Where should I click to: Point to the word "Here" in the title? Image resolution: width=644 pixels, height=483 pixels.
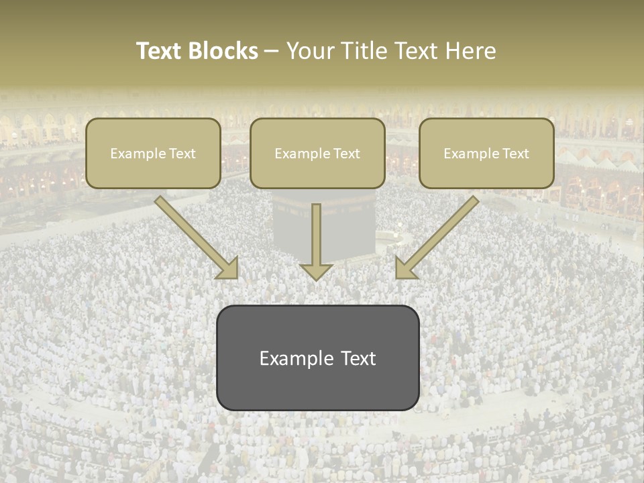[474, 51]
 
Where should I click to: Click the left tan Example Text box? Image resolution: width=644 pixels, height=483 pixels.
[153, 153]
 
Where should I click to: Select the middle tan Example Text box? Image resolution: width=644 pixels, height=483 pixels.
[317, 153]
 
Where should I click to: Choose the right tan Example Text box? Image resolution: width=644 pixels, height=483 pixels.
[486, 153]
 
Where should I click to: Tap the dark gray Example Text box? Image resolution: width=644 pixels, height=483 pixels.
[317, 358]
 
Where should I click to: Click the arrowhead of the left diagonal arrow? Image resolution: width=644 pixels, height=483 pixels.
[229, 268]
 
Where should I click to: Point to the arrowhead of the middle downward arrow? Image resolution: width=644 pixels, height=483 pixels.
[316, 271]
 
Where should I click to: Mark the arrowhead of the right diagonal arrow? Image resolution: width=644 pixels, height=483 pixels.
[405, 268]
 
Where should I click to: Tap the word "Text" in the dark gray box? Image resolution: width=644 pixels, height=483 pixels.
[358, 358]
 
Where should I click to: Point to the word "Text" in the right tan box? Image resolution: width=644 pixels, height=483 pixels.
[515, 154]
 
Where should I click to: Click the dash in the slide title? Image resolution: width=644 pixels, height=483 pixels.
[272, 51]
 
